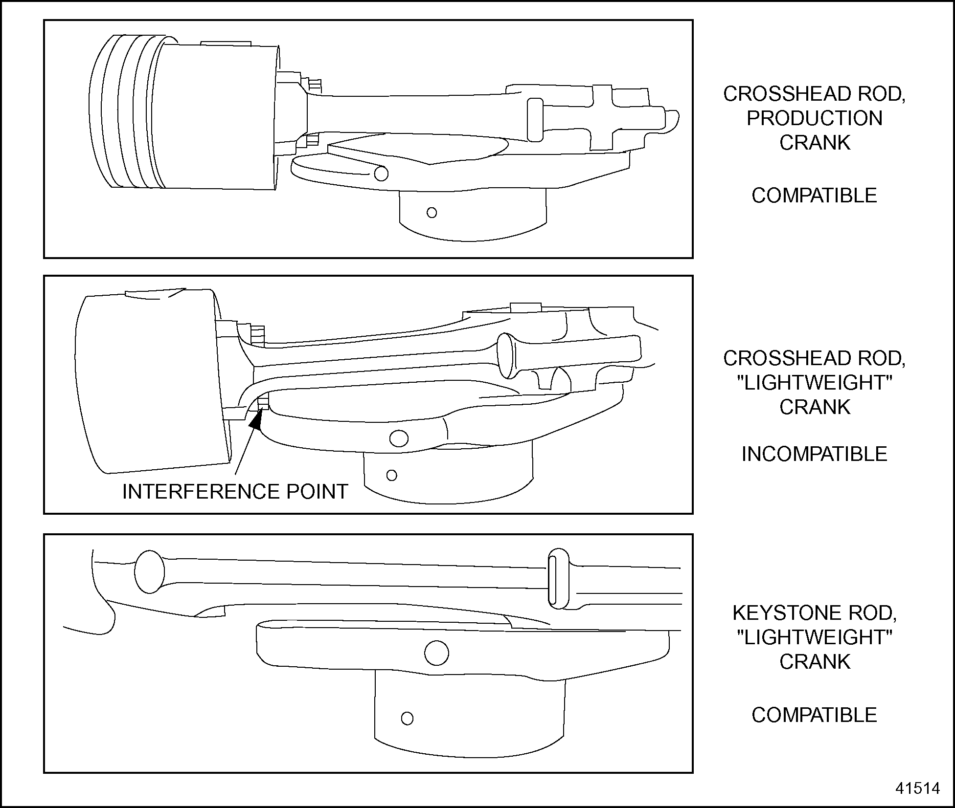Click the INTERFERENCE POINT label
tap(235, 491)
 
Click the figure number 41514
tap(918, 788)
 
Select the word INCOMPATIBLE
tap(814, 454)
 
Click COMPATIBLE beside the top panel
tap(814, 196)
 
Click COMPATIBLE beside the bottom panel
tap(814, 715)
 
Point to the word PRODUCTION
tap(814, 118)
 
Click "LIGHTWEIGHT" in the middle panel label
tap(814, 383)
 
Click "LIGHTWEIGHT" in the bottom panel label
tap(814, 637)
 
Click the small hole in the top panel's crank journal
tap(432, 213)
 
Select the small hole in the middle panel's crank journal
tap(391, 475)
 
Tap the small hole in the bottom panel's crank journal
tap(407, 719)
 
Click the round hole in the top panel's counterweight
tap(381, 174)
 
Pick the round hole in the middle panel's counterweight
tap(399, 438)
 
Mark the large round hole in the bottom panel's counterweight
tap(436, 653)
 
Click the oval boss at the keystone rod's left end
tap(149, 572)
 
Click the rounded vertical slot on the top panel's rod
tap(535, 120)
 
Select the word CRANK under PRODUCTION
tap(814, 143)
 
